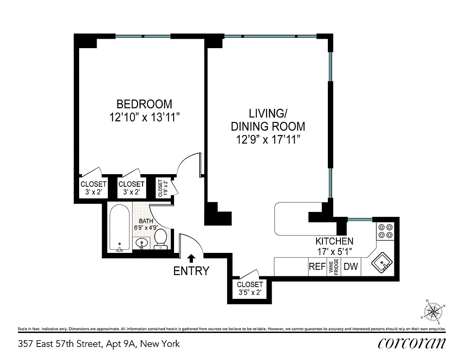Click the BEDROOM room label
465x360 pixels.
[x=141, y=104]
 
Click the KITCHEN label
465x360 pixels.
[x=334, y=241]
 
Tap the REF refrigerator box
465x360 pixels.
[x=317, y=266]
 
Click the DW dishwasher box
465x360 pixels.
[x=351, y=266]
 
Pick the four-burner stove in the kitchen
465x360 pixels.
[x=385, y=231]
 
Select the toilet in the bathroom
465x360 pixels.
[x=161, y=238]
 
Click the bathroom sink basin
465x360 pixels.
[x=142, y=244]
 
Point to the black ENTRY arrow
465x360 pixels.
[x=191, y=258]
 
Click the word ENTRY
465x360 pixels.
[x=192, y=271]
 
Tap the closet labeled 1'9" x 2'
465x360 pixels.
[x=162, y=189]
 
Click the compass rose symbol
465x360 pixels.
[x=433, y=310]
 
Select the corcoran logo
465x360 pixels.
[x=412, y=344]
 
